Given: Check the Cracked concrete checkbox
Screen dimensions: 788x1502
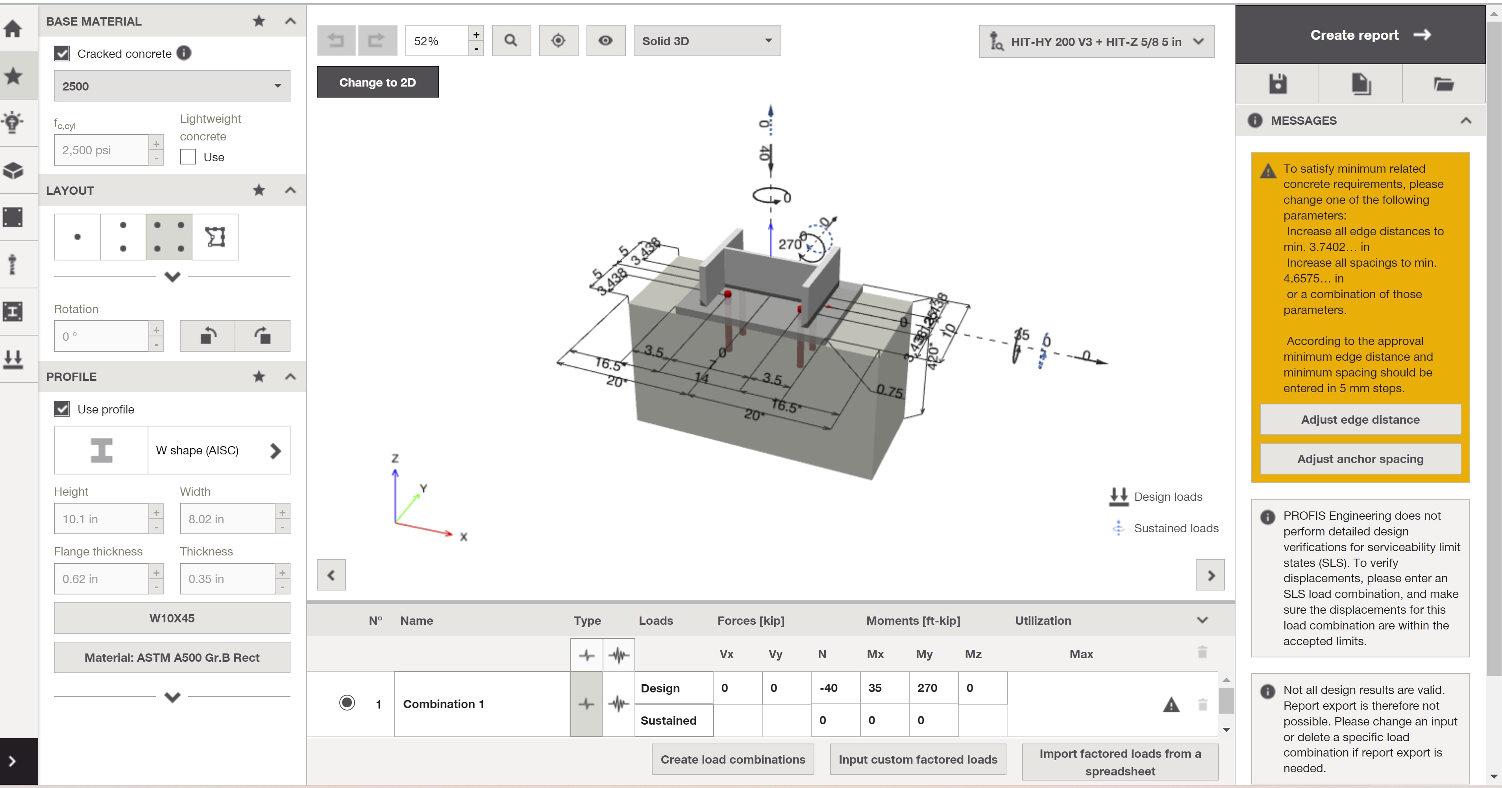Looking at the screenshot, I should point(62,54).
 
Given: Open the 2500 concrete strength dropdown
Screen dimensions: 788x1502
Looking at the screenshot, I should point(172,86).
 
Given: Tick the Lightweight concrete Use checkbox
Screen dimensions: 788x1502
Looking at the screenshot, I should point(187,157).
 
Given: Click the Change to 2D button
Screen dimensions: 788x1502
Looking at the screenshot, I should point(377,82).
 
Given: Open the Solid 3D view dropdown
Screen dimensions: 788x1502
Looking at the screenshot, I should point(706,41).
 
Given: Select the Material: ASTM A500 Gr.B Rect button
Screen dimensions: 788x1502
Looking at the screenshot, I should point(172,657).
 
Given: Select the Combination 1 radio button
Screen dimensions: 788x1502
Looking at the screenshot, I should point(347,703).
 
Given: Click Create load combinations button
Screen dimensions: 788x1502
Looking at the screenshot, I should point(733,759).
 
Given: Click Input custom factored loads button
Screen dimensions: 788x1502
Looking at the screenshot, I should point(918,759).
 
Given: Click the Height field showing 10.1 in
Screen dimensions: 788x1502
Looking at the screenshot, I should point(102,519).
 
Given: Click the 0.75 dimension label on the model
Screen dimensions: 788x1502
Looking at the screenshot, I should point(890,392).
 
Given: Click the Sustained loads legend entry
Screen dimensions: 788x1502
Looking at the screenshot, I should point(1175,528).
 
